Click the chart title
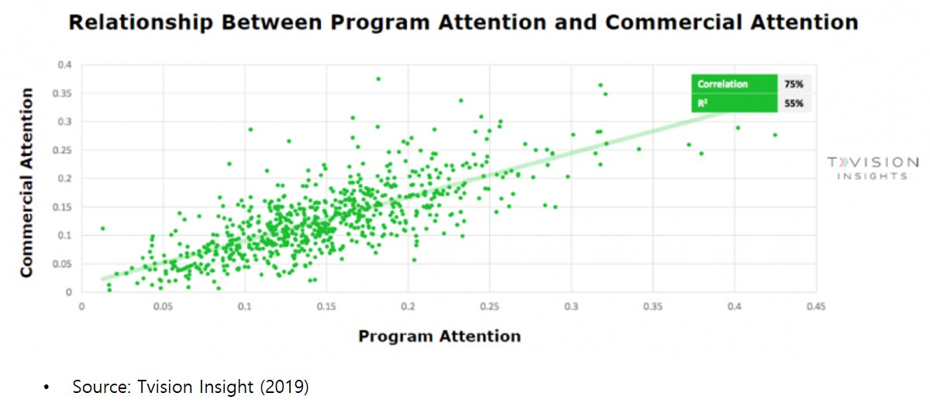pos(463,22)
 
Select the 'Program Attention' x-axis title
pos(439,336)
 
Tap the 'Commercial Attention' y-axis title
pos(26,182)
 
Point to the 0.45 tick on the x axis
pos(816,307)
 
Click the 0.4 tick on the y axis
pos(65,64)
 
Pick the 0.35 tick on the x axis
pos(653,307)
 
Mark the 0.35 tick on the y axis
pos(62,94)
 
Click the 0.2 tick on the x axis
pos(408,307)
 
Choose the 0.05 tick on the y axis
pos(62,264)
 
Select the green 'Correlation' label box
pos(734,84)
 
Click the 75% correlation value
pos(794,84)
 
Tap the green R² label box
pos(734,103)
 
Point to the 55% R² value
pos(794,103)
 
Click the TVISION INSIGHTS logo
pos(873,168)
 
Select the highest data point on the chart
pos(378,79)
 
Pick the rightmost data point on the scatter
pos(775,135)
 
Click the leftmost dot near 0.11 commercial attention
pos(103,229)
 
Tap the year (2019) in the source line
pos(284,387)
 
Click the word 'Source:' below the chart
pos(102,387)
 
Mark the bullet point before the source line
pos(46,388)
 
